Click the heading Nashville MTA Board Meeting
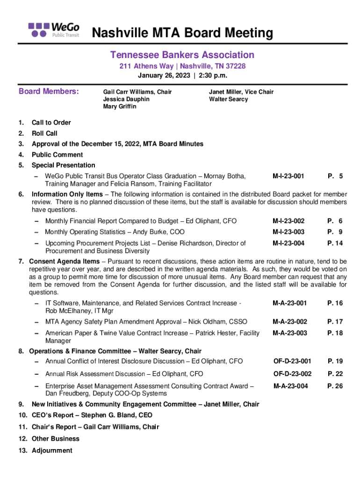(x=182, y=33)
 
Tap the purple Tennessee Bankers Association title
(x=182, y=55)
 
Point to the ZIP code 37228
(x=236, y=66)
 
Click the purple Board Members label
(x=49, y=91)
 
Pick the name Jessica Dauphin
(x=126, y=99)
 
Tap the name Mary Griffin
(x=120, y=107)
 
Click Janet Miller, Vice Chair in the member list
(x=241, y=92)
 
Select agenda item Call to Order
(x=51, y=123)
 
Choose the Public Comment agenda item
(x=57, y=154)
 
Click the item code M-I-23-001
(x=288, y=176)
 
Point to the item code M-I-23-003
(x=288, y=232)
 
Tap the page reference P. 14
(x=335, y=243)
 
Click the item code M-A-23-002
(x=290, y=321)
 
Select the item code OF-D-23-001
(x=292, y=361)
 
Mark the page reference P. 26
(x=335, y=386)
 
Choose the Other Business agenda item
(x=55, y=439)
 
